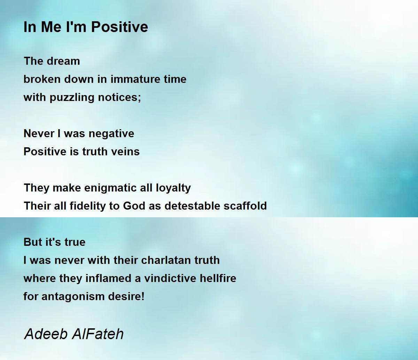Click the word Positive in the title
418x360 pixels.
tap(119, 27)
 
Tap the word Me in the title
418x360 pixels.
tap(51, 27)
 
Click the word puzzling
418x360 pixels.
tap(72, 98)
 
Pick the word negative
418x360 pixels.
tap(111, 134)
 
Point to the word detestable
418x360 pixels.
tap(192, 206)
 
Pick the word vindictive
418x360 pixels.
tap(170, 278)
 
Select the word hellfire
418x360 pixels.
tap(218, 278)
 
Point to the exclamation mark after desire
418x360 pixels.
tap(143, 296)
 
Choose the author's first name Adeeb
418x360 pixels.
tap(46, 334)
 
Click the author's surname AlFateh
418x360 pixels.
tap(98, 334)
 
